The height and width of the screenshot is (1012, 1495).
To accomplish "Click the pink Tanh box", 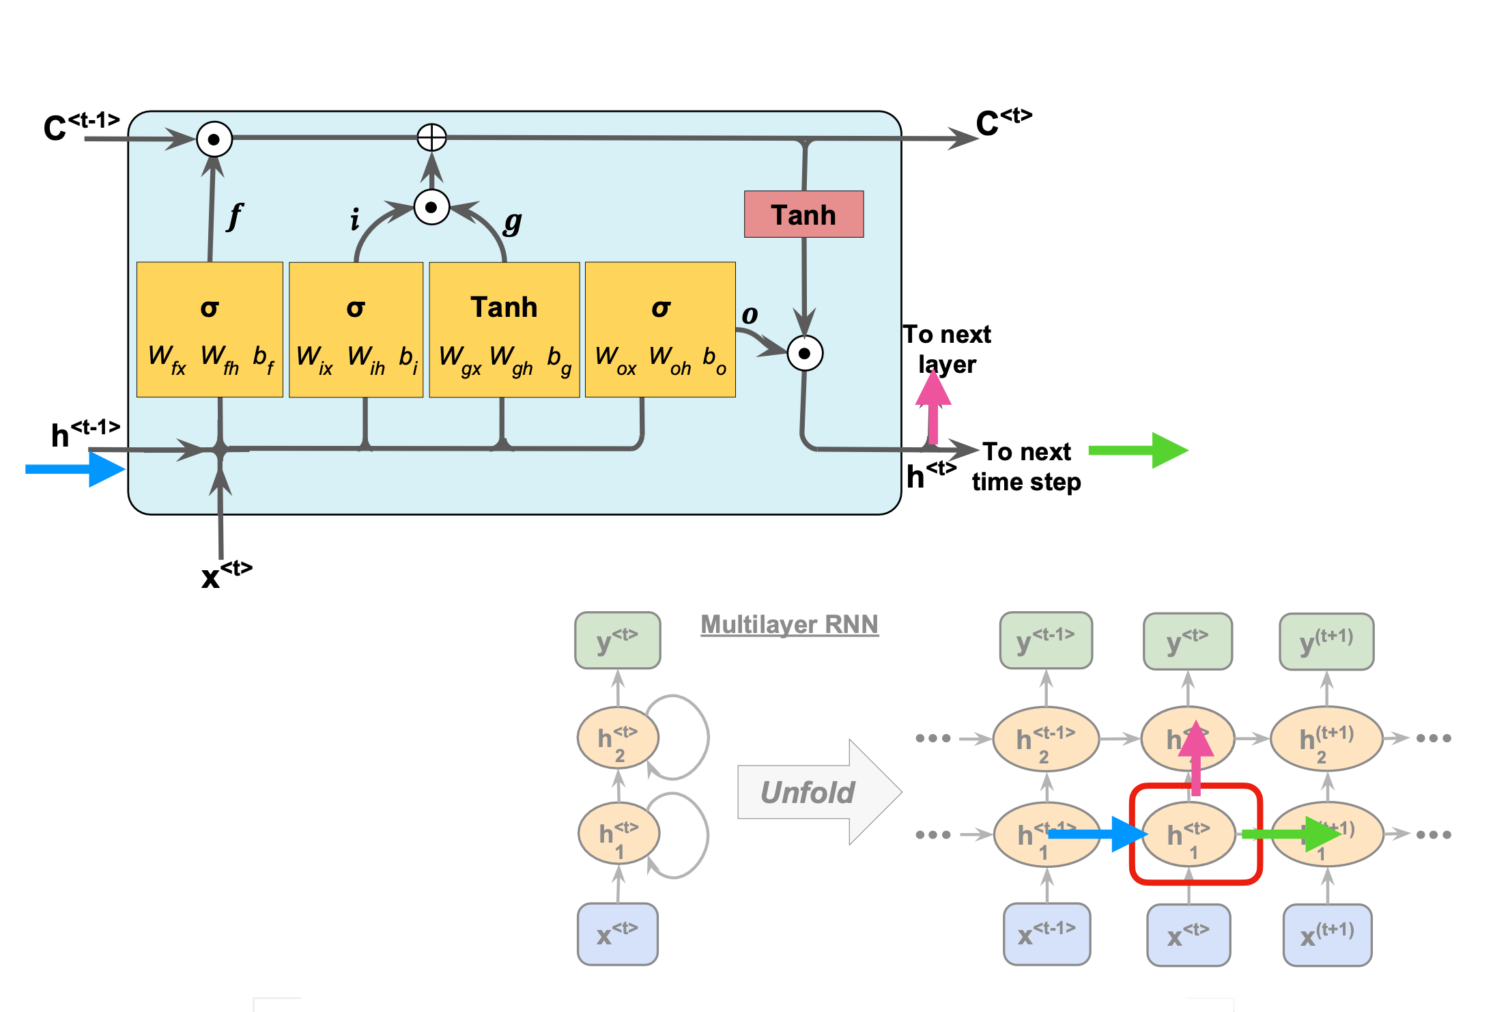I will (803, 214).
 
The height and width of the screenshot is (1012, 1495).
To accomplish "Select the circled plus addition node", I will (431, 137).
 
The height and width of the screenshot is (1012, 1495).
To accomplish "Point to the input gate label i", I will (354, 220).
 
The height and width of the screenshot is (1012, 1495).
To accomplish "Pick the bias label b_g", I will (559, 359).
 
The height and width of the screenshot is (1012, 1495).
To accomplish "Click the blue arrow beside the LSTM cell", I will (75, 469).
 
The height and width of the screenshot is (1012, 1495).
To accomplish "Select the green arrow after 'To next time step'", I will (1138, 450).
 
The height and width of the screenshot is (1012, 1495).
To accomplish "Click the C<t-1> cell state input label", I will (81, 126).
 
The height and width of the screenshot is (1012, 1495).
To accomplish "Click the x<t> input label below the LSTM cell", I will (226, 574).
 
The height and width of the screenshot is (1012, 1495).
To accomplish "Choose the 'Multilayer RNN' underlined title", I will (789, 624).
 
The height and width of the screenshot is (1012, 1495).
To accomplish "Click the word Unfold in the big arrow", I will (808, 793).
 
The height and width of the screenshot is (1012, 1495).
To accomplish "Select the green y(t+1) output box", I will (1326, 642).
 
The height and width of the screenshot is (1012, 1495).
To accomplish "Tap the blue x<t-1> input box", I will (1046, 934).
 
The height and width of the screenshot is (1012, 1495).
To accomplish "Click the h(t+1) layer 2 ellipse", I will (1326, 739).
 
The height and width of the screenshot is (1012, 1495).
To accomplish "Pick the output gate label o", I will (750, 314).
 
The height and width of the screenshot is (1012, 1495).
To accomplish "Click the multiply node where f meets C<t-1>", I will (214, 139).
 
